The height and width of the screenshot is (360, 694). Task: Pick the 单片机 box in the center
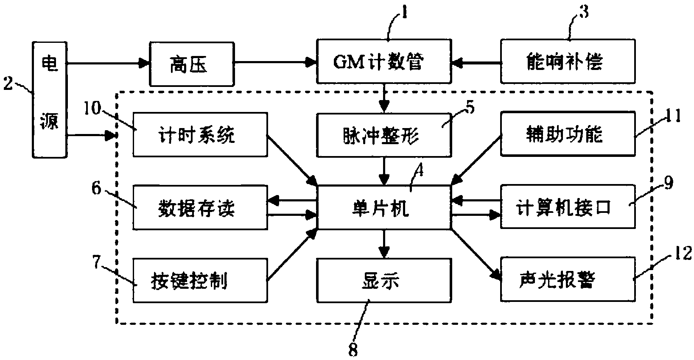[383, 208]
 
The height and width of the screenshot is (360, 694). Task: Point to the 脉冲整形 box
[383, 135]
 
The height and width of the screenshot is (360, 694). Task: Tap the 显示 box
[383, 280]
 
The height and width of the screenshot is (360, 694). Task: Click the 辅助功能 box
[568, 134]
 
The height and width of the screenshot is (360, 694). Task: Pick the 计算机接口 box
[568, 207]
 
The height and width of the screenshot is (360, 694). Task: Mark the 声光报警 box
[568, 279]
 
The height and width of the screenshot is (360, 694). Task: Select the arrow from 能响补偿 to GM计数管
[476, 63]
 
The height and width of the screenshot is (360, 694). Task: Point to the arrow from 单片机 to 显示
[383, 244]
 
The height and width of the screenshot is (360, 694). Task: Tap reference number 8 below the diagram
[353, 350]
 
